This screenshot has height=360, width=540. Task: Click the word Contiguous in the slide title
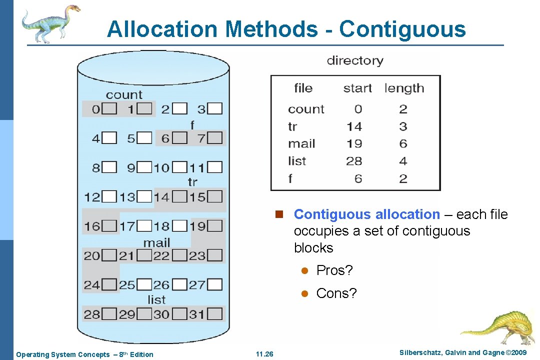pyautogui.click(x=402, y=29)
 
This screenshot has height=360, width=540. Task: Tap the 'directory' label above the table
pyautogui.click(x=355, y=61)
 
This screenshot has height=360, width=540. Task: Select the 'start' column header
pyautogui.click(x=357, y=88)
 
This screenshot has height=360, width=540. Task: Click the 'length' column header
pyautogui.click(x=404, y=88)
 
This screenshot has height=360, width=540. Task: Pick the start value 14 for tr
pyautogui.click(x=354, y=126)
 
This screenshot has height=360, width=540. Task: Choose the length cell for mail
pyautogui.click(x=403, y=144)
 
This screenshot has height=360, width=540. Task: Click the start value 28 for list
pyautogui.click(x=354, y=161)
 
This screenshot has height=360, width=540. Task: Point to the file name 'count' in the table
pyautogui.click(x=306, y=109)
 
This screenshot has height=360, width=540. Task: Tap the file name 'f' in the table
pyautogui.click(x=290, y=178)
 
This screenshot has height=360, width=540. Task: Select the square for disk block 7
pyautogui.click(x=215, y=137)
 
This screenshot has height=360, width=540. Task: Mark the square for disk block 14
pyautogui.click(x=180, y=196)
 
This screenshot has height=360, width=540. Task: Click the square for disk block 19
pyautogui.click(x=215, y=226)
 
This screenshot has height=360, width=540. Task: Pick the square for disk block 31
pyautogui.click(x=215, y=314)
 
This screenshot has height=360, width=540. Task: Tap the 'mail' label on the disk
pyautogui.click(x=156, y=243)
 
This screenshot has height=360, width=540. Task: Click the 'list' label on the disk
pyautogui.click(x=156, y=300)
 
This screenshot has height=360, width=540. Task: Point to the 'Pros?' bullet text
pyautogui.click(x=334, y=270)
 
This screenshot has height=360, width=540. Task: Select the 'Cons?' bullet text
pyautogui.click(x=336, y=293)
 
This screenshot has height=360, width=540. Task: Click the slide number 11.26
pyautogui.click(x=264, y=354)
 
